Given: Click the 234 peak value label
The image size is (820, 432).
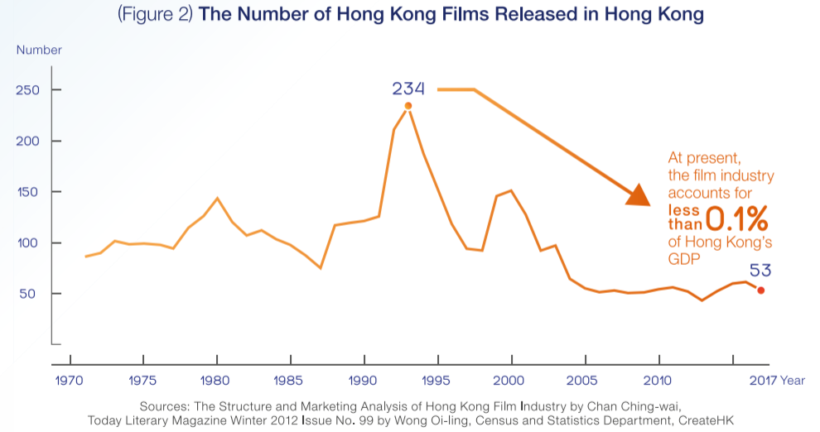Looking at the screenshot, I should coord(408,89).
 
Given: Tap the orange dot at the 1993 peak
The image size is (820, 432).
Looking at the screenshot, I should coord(408,106).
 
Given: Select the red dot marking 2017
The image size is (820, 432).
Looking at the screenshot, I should coord(761,290).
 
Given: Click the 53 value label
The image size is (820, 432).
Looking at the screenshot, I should coord(761,271).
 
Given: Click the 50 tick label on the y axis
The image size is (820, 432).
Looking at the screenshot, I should coord(31,294).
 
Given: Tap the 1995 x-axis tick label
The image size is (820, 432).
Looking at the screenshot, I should coord(437,381).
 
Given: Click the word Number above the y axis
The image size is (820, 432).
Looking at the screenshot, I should coord(39,50).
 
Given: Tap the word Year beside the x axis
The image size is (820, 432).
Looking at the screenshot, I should coord(793,381).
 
